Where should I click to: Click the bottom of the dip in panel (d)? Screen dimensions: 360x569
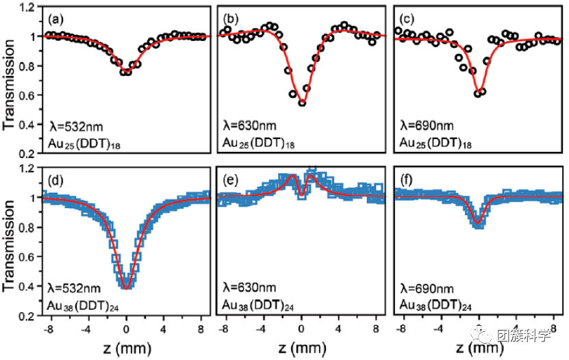pos(126,287)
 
